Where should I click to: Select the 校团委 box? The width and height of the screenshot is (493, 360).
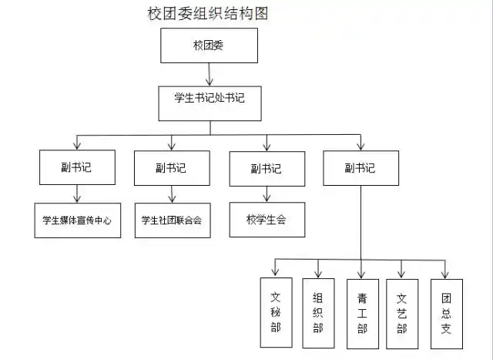point(208,46)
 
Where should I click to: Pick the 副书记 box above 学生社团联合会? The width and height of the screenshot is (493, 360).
point(170,167)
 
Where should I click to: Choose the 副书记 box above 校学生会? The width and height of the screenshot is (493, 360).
point(266,168)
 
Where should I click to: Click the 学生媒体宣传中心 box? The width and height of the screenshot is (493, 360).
point(77,220)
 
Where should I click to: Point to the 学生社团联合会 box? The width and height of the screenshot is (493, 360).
point(171,220)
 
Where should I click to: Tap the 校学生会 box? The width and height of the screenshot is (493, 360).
point(266,220)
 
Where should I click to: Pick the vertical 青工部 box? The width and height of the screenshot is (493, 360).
point(362,316)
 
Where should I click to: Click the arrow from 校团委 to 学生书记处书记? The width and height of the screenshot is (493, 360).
point(209,74)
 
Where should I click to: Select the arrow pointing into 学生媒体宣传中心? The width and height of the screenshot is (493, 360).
point(76,194)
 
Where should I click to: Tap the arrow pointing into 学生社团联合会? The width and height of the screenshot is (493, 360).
point(170,194)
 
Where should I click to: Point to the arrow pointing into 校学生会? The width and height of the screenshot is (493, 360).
point(266,194)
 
